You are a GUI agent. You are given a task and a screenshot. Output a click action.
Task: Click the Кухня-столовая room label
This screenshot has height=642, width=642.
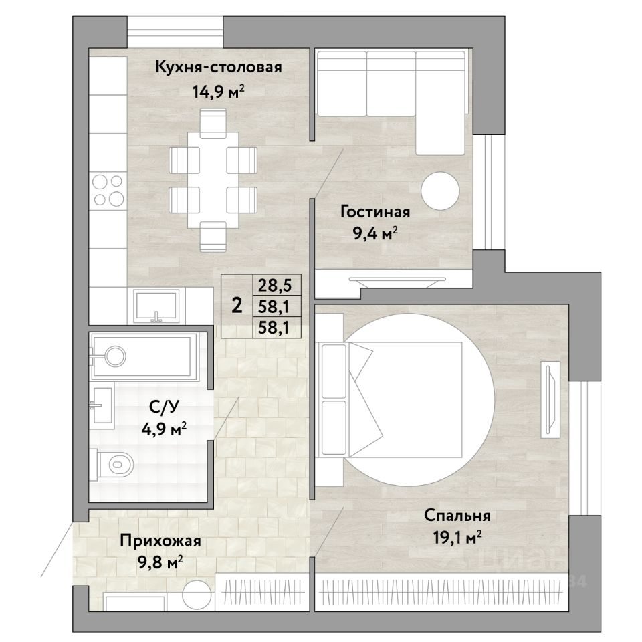click(219, 67)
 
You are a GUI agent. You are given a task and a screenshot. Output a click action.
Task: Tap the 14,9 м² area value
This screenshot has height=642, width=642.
click(219, 92)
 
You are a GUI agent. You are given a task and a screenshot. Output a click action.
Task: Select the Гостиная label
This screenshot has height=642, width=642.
click(375, 212)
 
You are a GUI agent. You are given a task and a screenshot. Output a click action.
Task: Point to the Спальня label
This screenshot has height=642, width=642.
click(457, 515)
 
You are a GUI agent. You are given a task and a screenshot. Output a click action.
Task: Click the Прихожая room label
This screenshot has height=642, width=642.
click(160, 541)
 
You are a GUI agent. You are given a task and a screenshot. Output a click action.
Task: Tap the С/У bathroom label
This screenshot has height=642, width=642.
click(165, 407)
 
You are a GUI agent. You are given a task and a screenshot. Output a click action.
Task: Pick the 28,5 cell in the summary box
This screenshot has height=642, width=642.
click(277, 285)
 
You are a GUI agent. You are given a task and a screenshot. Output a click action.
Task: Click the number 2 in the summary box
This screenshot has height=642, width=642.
click(237, 306)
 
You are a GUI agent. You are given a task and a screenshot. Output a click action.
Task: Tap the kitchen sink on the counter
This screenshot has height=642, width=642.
click(156, 306)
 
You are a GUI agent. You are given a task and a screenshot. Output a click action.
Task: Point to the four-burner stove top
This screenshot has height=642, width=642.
click(108, 189)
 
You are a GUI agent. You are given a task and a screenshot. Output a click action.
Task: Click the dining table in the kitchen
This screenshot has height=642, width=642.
click(213, 180)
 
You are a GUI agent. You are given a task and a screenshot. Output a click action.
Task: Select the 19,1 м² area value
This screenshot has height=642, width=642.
click(457, 536)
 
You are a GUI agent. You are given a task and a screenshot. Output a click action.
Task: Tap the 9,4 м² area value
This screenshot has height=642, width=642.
click(375, 233)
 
